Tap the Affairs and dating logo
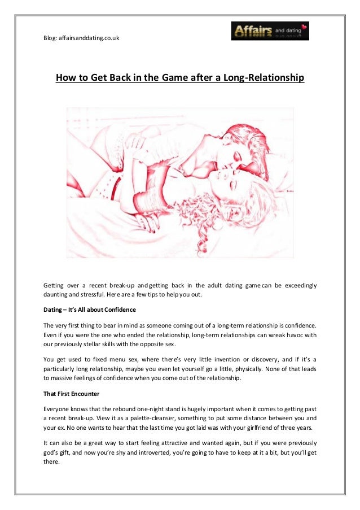coord(270,31)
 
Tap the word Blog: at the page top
coord(52,38)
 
